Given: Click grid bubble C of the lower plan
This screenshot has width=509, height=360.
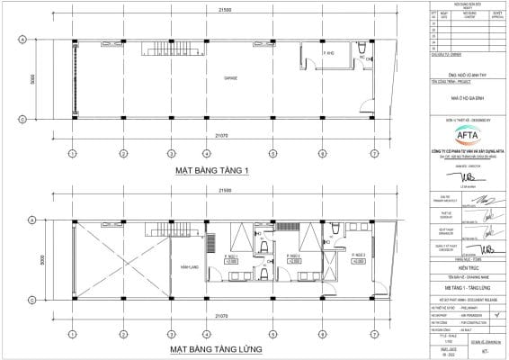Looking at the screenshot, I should click(x=23, y=218).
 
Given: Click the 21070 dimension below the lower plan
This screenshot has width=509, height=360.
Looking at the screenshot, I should click(x=214, y=318).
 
